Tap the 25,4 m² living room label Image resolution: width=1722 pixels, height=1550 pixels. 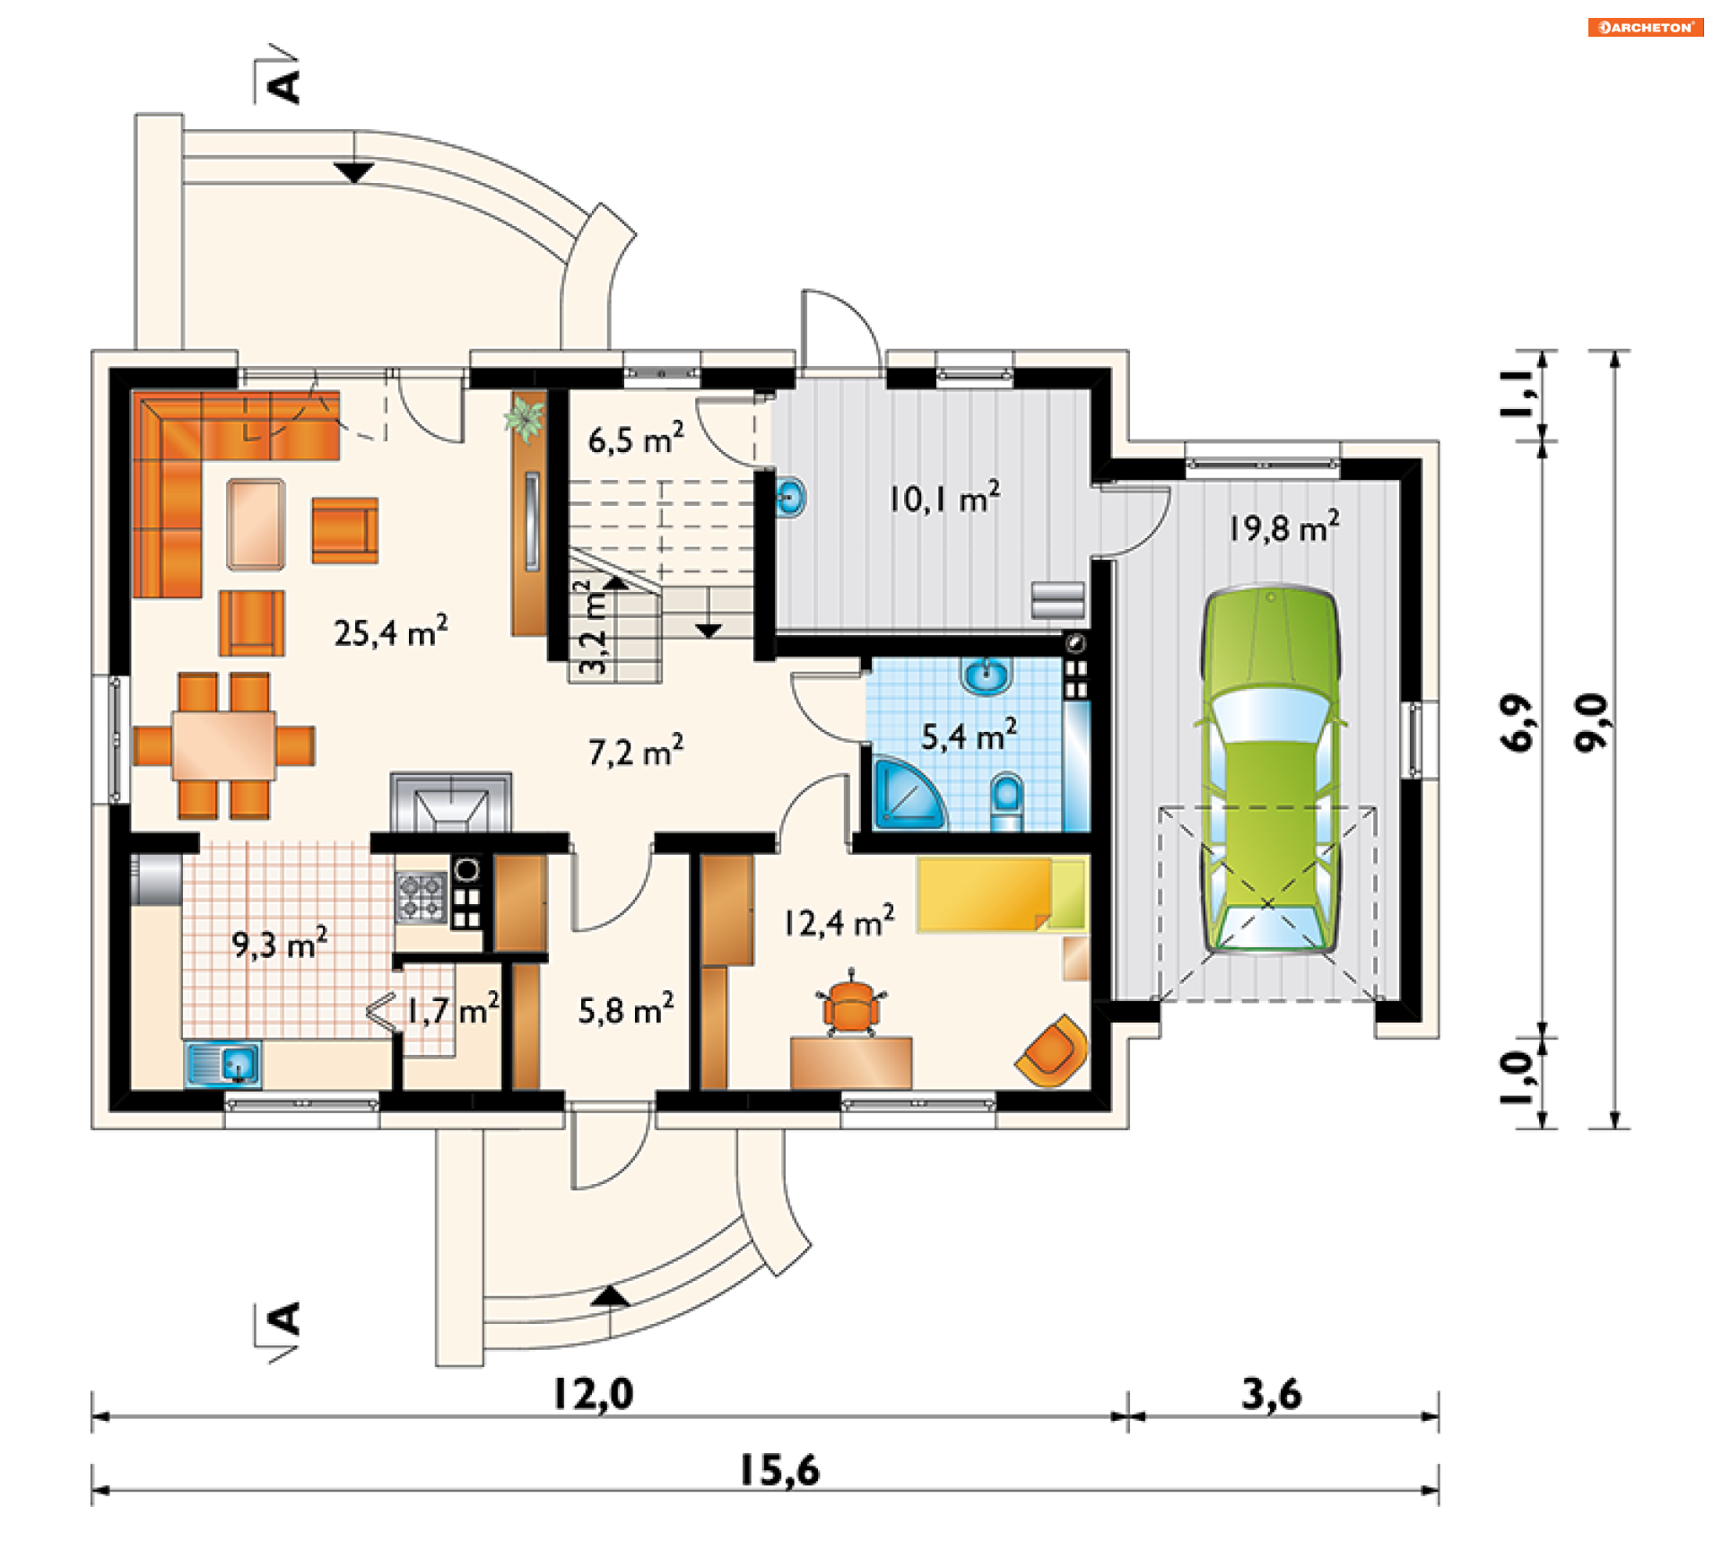click(391, 631)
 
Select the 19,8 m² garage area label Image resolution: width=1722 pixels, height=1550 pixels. click(1283, 527)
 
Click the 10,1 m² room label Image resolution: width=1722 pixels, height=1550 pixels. click(944, 497)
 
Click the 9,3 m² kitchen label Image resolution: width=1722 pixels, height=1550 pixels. click(280, 943)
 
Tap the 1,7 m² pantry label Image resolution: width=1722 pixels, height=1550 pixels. click(453, 1010)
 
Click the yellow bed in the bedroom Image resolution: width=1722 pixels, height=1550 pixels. click(1003, 894)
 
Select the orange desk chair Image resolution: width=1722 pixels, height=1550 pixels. click(851, 1003)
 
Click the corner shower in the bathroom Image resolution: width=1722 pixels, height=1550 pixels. click(909, 795)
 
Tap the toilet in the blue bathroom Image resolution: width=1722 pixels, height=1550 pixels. click(1006, 801)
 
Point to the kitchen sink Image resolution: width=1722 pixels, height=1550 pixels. click(223, 1065)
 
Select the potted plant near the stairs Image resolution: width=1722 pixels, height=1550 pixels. click(525, 420)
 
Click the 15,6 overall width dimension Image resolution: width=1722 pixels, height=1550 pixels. click(778, 1470)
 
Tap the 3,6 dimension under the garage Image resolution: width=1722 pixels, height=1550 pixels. click(1271, 1394)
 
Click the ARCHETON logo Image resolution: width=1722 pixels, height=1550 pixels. click(1646, 27)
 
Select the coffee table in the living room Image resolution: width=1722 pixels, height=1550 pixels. click(257, 525)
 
